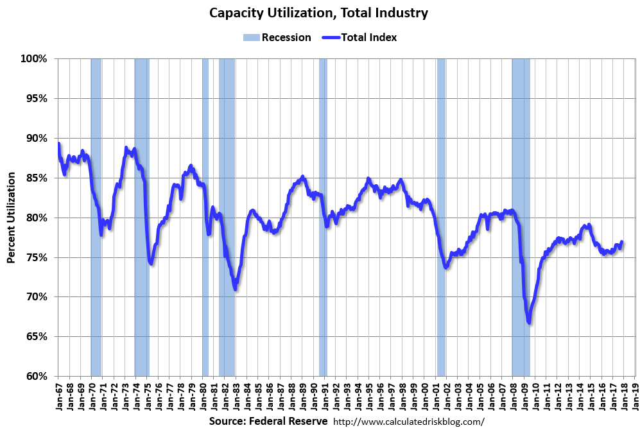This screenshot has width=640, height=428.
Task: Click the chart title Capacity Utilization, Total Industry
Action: (x=319, y=13)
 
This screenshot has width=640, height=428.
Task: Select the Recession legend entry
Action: (x=277, y=37)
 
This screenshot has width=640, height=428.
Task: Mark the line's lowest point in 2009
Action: (x=529, y=322)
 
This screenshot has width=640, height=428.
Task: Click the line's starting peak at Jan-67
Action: (x=58, y=144)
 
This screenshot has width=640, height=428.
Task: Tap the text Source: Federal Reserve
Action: (x=268, y=421)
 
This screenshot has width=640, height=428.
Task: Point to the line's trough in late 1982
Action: (x=236, y=288)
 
